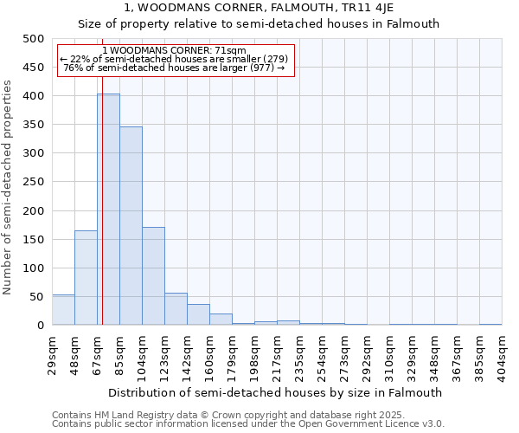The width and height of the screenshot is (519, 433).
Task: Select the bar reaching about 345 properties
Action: [x=131, y=226]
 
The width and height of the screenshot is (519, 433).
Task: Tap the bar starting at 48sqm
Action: [x=86, y=277]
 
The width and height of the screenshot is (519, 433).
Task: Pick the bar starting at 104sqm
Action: [x=153, y=275]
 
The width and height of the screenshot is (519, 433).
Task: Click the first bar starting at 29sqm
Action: [x=63, y=310]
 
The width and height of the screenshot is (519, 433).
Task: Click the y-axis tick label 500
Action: [x=34, y=39]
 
